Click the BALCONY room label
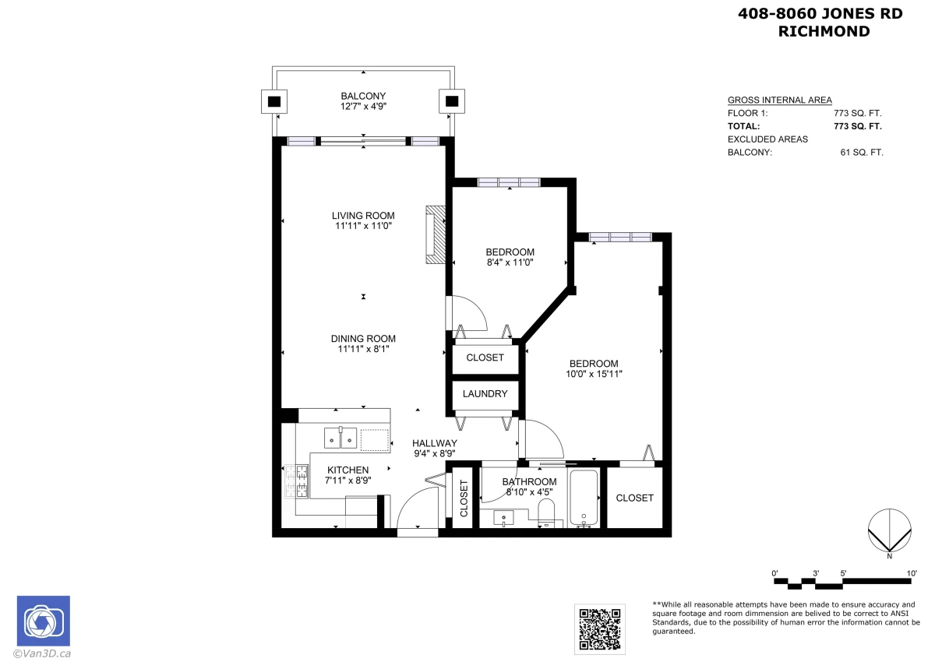[363, 96]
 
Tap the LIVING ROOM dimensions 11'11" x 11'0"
[363, 226]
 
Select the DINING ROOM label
[363, 339]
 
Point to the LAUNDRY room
[485, 394]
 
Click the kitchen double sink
[340, 438]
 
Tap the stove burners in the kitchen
[296, 481]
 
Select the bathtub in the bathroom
[584, 498]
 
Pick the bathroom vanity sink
[504, 519]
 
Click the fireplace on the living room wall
[436, 234]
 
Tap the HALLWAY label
[435, 443]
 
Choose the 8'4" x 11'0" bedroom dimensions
[510, 262]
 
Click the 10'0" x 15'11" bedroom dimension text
[594, 374]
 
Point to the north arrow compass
[890, 530]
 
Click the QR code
[600, 629]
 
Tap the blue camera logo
[44, 621]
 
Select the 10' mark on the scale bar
[912, 573]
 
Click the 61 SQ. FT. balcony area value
[862, 153]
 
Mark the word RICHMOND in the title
[824, 31]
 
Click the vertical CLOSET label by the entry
[464, 498]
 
